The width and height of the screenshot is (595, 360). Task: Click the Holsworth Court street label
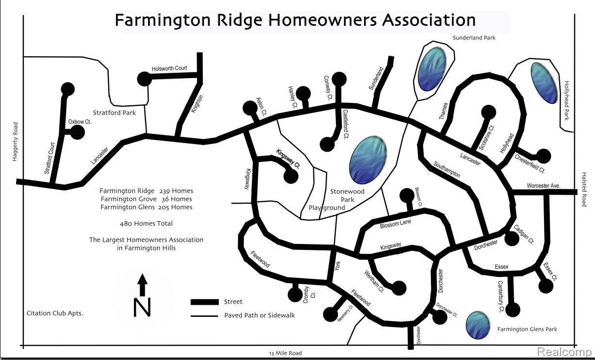click(169, 68)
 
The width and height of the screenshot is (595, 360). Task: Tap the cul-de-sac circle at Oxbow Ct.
click(77, 132)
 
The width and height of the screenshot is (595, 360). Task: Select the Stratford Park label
click(114, 113)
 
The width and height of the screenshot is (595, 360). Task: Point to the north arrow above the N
click(142, 285)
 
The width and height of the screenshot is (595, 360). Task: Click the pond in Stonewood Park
click(368, 160)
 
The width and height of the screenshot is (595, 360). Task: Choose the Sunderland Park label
click(474, 38)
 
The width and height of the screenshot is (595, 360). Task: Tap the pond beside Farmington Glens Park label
click(478, 325)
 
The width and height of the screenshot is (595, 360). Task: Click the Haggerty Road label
click(15, 142)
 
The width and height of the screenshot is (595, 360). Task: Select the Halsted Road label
click(584, 189)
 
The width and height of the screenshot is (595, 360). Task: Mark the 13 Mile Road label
click(285, 353)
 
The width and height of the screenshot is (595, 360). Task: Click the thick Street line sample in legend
click(204, 302)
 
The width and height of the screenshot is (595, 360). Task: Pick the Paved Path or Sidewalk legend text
click(260, 315)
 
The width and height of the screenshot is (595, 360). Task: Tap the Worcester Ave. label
click(544, 185)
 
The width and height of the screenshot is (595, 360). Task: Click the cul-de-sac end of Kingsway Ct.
click(291, 176)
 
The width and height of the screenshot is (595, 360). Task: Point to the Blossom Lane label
click(395, 224)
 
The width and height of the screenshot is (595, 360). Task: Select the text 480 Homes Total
click(146, 224)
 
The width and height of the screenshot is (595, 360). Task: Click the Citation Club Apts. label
click(55, 313)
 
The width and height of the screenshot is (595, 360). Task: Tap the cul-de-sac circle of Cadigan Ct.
click(512, 238)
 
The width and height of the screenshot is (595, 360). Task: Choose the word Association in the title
click(429, 20)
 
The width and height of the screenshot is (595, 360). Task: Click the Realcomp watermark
click(564, 352)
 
